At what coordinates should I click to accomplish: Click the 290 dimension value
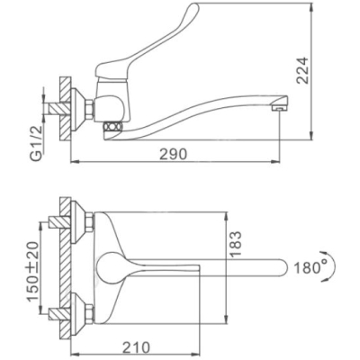click(173, 154)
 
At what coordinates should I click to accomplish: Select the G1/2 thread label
click(37, 140)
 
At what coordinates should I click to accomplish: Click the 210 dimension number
click(136, 347)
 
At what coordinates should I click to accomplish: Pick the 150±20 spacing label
click(33, 271)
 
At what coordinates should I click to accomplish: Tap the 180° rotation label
click(310, 267)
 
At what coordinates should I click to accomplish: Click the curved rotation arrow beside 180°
click(332, 265)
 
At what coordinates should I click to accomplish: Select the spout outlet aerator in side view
click(279, 108)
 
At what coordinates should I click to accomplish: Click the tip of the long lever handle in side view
click(195, 5)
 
